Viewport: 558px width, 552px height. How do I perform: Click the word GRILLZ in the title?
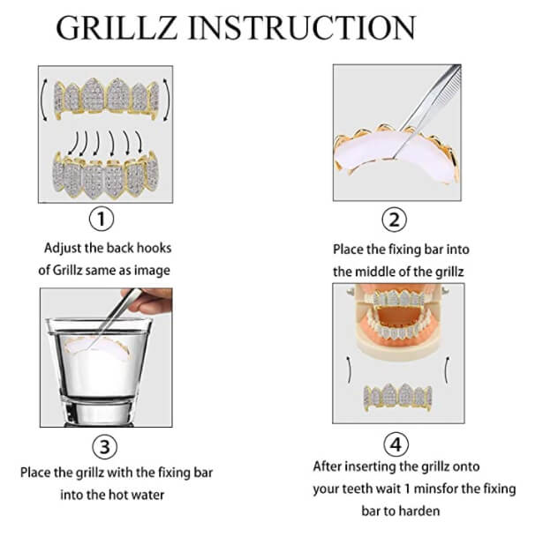(117, 27)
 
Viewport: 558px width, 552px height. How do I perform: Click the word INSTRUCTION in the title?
(302, 27)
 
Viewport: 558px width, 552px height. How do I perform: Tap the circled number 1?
(102, 219)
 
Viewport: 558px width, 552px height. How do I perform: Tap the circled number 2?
(395, 220)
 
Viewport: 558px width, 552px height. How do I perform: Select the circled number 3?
(104, 447)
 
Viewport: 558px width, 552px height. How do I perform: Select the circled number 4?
(396, 444)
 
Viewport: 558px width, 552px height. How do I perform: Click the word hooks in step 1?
(154, 248)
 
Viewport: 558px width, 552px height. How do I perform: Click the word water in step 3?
(147, 495)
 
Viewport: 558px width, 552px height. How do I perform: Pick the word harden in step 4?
(418, 511)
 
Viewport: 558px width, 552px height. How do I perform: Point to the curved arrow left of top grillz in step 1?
(43, 100)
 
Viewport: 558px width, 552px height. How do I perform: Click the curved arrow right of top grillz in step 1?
(167, 100)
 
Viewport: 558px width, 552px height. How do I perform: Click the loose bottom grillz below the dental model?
(398, 397)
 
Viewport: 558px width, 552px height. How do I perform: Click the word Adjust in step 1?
(63, 248)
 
